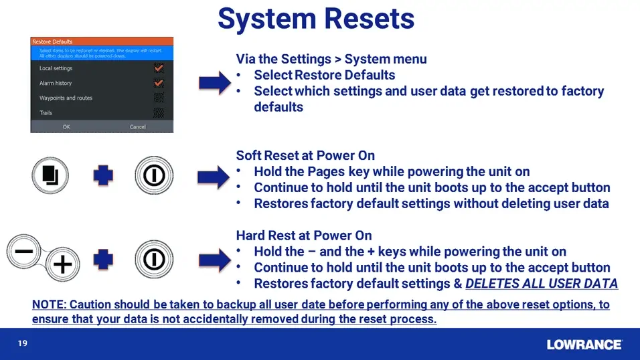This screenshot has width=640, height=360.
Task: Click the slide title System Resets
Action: pos(316,19)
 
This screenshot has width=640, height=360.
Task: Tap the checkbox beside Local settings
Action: pos(159,68)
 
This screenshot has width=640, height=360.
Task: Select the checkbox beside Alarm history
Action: pos(159,83)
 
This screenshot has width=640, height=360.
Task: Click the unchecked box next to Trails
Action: pos(159,112)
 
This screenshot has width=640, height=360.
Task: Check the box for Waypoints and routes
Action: pos(159,98)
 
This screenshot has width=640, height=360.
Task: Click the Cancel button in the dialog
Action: pos(137,126)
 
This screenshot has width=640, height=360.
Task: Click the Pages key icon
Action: pos(51,176)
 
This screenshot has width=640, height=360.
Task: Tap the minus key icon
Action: pos(25,252)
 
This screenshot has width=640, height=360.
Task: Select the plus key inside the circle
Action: pos(62,265)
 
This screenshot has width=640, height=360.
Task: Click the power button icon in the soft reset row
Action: pos(154,176)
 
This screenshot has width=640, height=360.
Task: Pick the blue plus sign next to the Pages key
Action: pos(103,176)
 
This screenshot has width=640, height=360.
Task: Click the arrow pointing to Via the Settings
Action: pos(215,84)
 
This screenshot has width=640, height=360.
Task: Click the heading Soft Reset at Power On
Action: pos(305,156)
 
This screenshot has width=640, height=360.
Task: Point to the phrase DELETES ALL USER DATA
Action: pos(541,284)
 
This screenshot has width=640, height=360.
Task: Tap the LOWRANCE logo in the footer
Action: pos(584,345)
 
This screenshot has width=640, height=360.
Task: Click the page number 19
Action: pos(22,344)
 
